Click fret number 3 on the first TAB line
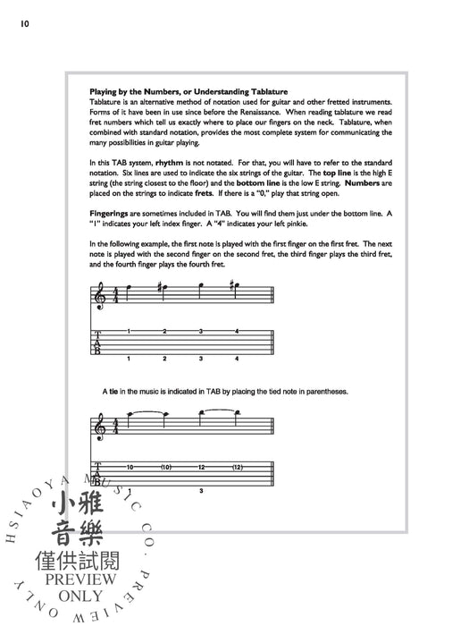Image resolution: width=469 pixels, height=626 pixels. point(201,332)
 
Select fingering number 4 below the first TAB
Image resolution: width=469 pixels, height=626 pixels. point(237,359)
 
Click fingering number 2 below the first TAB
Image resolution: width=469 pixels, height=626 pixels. point(165,359)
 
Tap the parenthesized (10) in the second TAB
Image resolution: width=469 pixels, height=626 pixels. point(166,467)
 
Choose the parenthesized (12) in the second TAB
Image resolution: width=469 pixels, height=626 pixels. point(238,467)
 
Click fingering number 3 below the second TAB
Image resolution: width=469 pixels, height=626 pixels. point(202,492)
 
